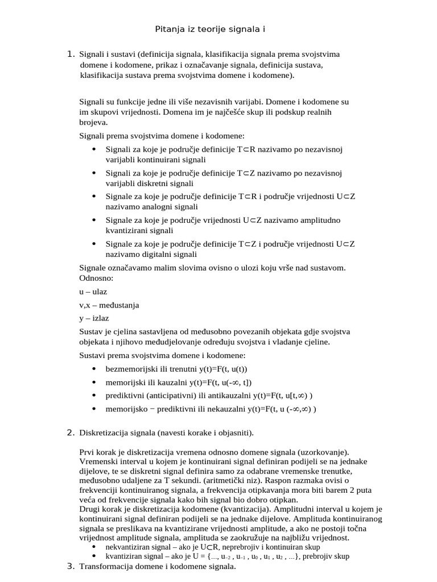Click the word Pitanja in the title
pyautogui.click(x=170, y=30)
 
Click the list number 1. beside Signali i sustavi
pyautogui.click(x=71, y=54)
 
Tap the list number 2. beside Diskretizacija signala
pyautogui.click(x=71, y=433)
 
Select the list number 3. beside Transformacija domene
pyautogui.click(x=71, y=566)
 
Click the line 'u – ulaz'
pyautogui.click(x=93, y=292)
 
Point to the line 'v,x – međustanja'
pyautogui.click(x=109, y=305)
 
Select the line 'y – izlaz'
pyautogui.click(x=94, y=318)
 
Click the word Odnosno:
pyautogui.click(x=96, y=278)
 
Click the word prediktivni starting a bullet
pyautogui.click(x=124, y=396)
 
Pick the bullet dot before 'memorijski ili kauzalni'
pyautogui.click(x=93, y=383)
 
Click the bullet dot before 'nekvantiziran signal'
pyautogui.click(x=93, y=547)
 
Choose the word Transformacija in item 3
pyautogui.click(x=107, y=567)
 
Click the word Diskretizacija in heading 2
pyautogui.click(x=105, y=433)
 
